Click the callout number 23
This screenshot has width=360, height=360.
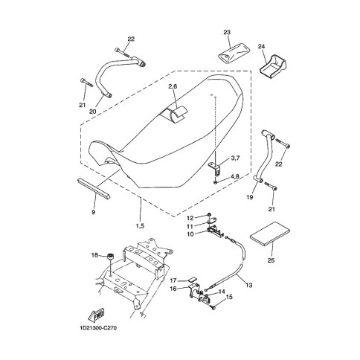(x=227, y=32)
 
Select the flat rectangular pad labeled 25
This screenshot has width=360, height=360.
(x=270, y=234)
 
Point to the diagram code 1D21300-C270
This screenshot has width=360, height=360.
(x=98, y=328)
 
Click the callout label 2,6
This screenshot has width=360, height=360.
(x=173, y=86)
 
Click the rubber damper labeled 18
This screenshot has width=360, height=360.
(x=109, y=257)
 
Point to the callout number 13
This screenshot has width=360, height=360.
(x=249, y=286)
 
